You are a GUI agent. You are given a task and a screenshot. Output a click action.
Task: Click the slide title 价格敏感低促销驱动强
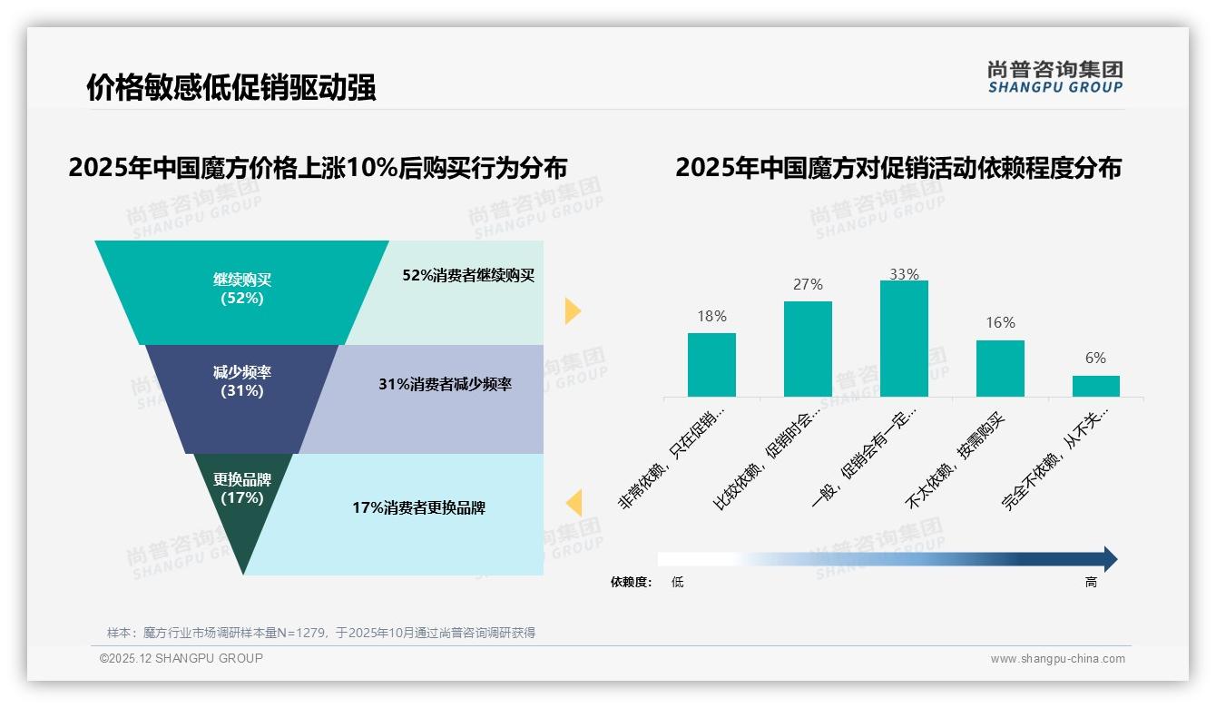(231, 88)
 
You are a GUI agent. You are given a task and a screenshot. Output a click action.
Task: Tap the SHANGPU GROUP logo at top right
(1054, 77)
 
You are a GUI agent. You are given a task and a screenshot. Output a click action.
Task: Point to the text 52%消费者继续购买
(468, 276)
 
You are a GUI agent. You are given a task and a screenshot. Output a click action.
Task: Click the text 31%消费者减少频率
(445, 385)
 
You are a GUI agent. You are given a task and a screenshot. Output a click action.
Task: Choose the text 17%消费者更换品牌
(418, 508)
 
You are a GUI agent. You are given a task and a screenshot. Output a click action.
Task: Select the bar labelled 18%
(711, 365)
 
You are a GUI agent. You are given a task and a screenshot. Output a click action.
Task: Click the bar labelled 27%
(808, 349)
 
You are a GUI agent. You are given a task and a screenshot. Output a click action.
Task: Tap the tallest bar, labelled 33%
(904, 339)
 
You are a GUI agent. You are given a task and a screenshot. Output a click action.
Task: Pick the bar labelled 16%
(1000, 369)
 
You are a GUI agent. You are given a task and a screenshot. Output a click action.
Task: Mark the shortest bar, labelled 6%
(1095, 387)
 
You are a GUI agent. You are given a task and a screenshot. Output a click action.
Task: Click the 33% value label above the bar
(904, 274)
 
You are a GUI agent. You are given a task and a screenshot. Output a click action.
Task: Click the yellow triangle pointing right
(573, 310)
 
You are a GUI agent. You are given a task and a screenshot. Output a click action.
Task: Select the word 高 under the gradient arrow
(1091, 582)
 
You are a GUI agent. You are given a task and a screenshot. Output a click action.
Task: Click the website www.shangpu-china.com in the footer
(1057, 659)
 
